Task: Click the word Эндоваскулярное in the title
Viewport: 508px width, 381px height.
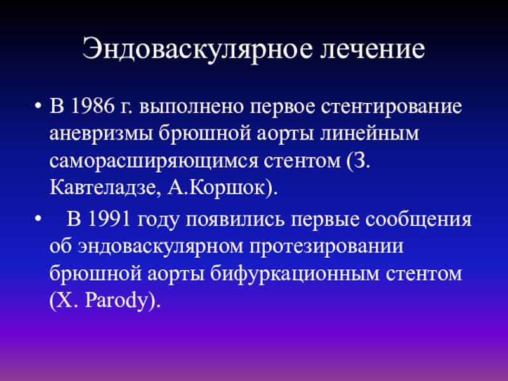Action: (x=197, y=50)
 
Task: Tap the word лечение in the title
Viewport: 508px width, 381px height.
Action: (x=373, y=49)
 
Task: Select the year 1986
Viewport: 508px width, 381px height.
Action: (x=93, y=105)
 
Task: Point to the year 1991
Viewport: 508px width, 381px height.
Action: (x=109, y=218)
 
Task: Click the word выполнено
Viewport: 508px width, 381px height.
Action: (x=192, y=106)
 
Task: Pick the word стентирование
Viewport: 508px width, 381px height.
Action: (x=391, y=107)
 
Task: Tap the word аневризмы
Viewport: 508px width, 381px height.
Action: (x=101, y=133)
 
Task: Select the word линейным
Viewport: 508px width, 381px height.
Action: (x=370, y=133)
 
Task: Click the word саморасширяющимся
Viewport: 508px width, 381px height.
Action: (x=154, y=161)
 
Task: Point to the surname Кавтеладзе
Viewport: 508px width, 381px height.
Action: (x=105, y=188)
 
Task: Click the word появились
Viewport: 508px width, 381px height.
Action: (x=235, y=219)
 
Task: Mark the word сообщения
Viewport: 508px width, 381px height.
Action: (x=418, y=220)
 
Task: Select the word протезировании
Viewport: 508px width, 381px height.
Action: (x=326, y=247)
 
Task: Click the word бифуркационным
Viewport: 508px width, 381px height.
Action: (x=295, y=274)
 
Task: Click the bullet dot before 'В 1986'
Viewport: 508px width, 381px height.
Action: (x=38, y=106)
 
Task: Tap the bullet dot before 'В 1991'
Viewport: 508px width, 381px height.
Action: (x=38, y=218)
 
